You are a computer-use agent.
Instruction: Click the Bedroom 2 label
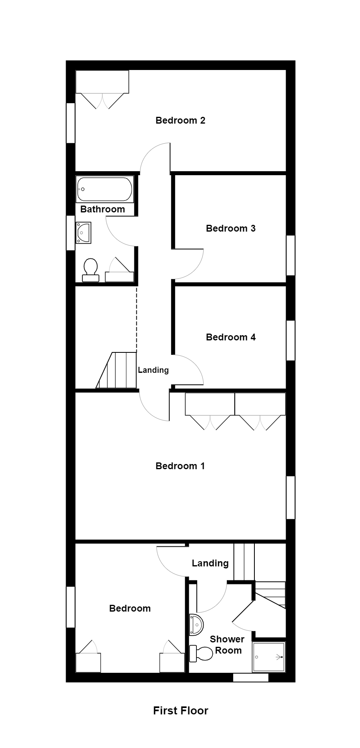tap(180, 120)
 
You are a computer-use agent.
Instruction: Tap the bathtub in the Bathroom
tap(104, 189)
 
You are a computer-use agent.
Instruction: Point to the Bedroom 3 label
tap(230, 228)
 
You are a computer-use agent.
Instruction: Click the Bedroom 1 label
tap(180, 466)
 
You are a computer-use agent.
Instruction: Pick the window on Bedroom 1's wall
tap(291, 497)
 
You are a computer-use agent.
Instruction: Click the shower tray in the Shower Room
tap(268, 657)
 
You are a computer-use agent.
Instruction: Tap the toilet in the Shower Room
tap(201, 654)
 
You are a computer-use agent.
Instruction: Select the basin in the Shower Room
tap(196, 624)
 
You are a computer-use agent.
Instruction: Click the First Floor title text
tap(180, 711)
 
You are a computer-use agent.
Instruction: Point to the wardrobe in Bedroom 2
tap(102, 82)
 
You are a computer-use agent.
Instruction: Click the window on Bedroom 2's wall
tap(70, 123)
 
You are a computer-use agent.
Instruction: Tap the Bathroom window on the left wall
tap(70, 233)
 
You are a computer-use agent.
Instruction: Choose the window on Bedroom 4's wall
tap(291, 340)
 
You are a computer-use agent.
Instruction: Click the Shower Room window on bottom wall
tap(250, 677)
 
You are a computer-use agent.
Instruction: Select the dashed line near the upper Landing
tap(136, 318)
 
